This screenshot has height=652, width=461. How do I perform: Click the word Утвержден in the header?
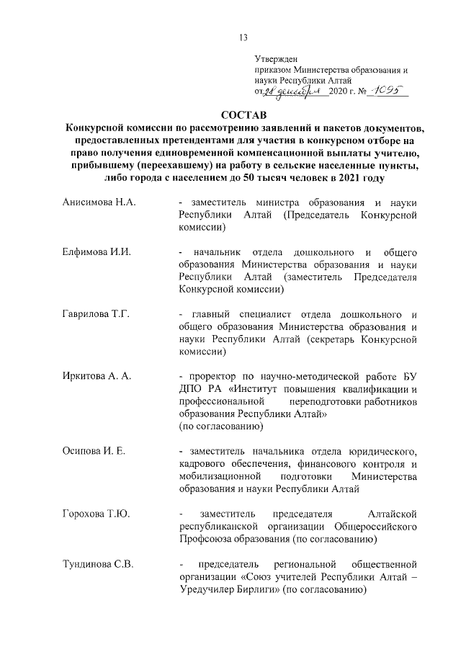coord(276,59)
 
